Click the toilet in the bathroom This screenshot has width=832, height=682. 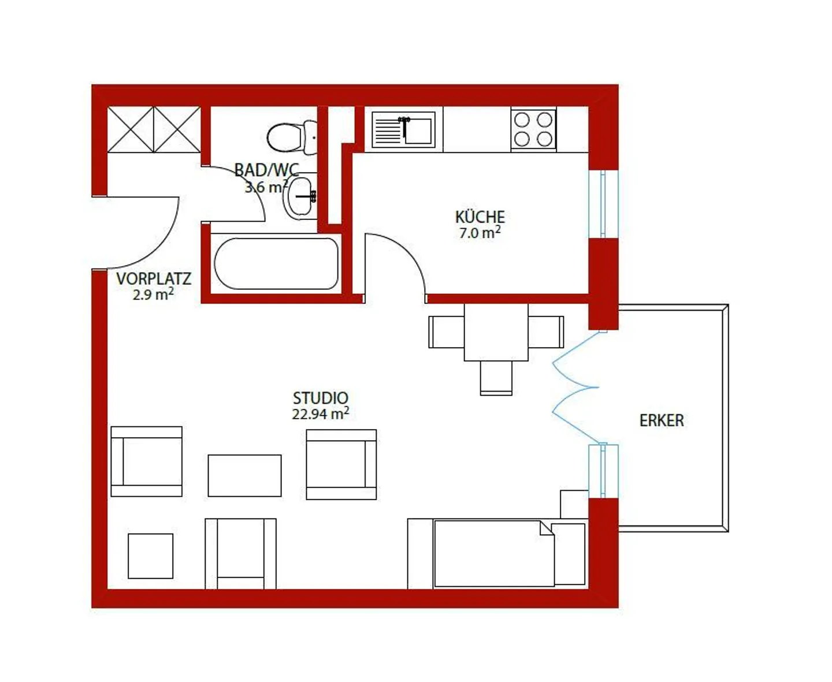[x=287, y=137]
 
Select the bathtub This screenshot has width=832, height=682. [x=276, y=263]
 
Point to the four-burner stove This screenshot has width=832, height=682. [x=533, y=129]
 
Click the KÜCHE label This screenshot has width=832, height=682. [x=480, y=217]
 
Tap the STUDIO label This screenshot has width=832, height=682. [x=320, y=398]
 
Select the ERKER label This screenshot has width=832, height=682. [x=661, y=420]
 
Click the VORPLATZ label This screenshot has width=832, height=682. [x=153, y=278]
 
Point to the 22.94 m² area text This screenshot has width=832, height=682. [x=320, y=413]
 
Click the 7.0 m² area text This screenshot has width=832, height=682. [x=480, y=233]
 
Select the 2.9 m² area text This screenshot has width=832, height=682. [x=153, y=295]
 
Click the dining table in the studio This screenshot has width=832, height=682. [x=496, y=332]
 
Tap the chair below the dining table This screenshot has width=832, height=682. [x=496, y=378]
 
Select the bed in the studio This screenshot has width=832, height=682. [x=494, y=553]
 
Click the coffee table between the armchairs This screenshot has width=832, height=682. [x=244, y=475]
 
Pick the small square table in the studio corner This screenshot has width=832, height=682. [x=150, y=556]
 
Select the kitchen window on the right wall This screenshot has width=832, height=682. [x=603, y=203]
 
